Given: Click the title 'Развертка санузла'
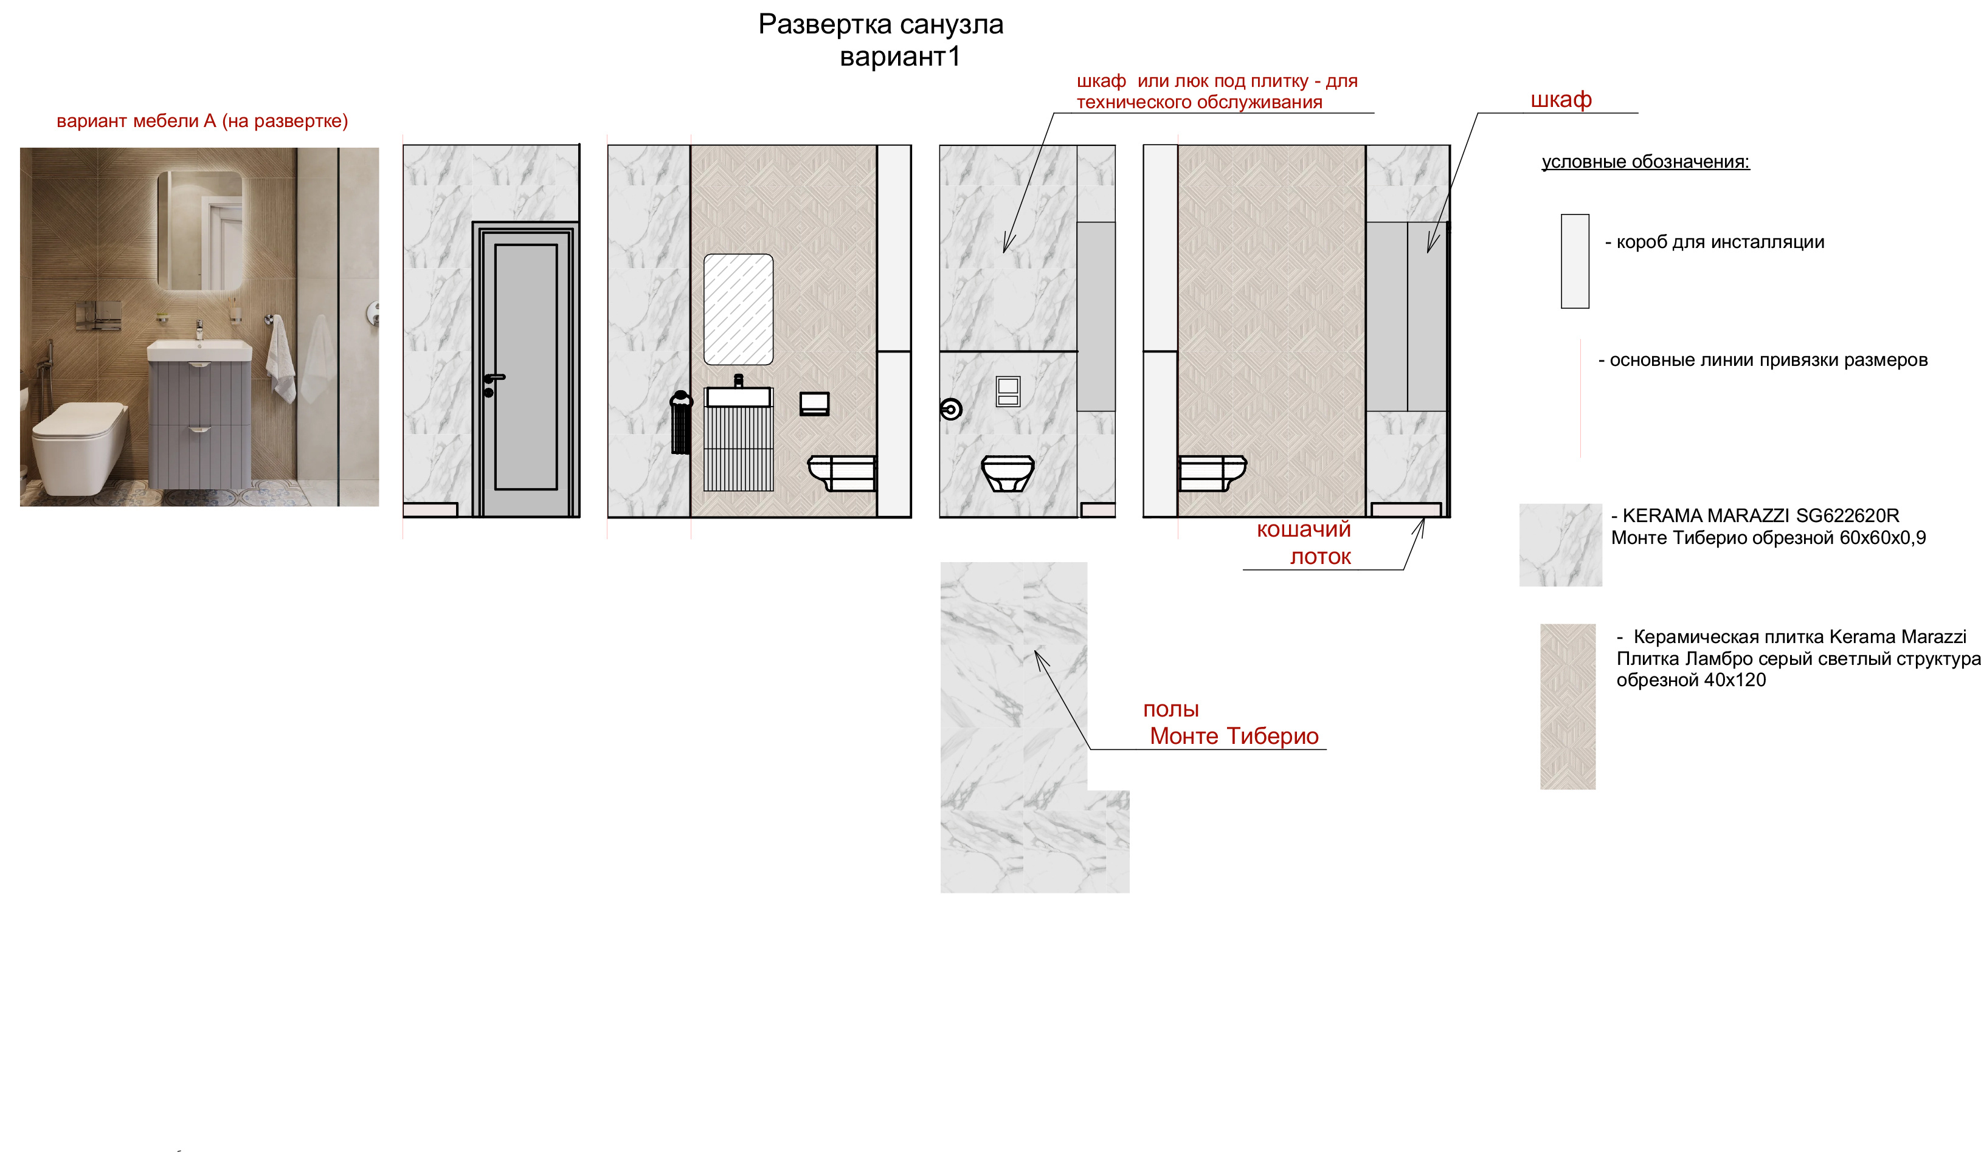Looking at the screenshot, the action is point(880,25).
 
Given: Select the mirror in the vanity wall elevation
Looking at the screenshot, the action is point(738,309).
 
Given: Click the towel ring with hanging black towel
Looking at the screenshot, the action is point(681,423).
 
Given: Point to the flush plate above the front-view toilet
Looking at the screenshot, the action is point(1008,391).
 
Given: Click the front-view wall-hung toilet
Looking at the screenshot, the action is point(1007,474).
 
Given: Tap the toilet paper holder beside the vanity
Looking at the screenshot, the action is point(814,404).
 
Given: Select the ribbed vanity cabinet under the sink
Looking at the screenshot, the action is point(738,448).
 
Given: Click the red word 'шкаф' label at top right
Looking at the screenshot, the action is point(1561,100).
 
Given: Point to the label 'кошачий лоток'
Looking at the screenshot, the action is point(1305,543).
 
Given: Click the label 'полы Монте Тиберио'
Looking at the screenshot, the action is point(1230,723).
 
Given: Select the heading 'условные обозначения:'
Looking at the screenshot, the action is point(1645,162).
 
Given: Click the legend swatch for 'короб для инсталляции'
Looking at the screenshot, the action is point(1575,261).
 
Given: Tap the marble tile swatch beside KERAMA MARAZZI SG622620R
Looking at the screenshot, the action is point(1560,545).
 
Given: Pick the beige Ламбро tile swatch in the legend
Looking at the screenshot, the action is point(1568,706).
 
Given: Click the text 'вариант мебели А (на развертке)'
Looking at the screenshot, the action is point(202,121).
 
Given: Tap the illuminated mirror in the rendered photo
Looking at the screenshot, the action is point(199,230).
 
